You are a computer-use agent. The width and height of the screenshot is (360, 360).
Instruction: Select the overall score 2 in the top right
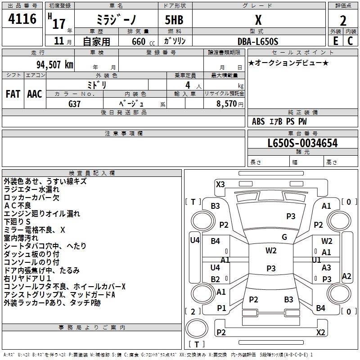[343, 21]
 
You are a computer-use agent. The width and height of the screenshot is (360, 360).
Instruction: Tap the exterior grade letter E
[335, 40]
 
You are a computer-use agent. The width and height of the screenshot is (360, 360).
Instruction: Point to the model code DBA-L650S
[258, 41]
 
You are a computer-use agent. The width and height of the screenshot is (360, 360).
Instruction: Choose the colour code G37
[75, 103]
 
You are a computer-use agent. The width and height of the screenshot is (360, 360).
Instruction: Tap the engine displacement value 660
[139, 41]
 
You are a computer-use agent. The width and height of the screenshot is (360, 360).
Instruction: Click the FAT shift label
[13, 94]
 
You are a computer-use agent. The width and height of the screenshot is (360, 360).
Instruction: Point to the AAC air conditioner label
[35, 94]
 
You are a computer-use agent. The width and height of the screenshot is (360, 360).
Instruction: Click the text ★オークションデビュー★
[288, 63]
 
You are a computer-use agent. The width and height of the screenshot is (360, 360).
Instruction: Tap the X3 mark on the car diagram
[220, 184]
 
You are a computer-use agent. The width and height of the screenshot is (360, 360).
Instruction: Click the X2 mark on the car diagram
[320, 332]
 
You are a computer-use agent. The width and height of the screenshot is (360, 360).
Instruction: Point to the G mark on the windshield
[284, 237]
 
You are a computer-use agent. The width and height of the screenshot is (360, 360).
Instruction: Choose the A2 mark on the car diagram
[346, 276]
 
